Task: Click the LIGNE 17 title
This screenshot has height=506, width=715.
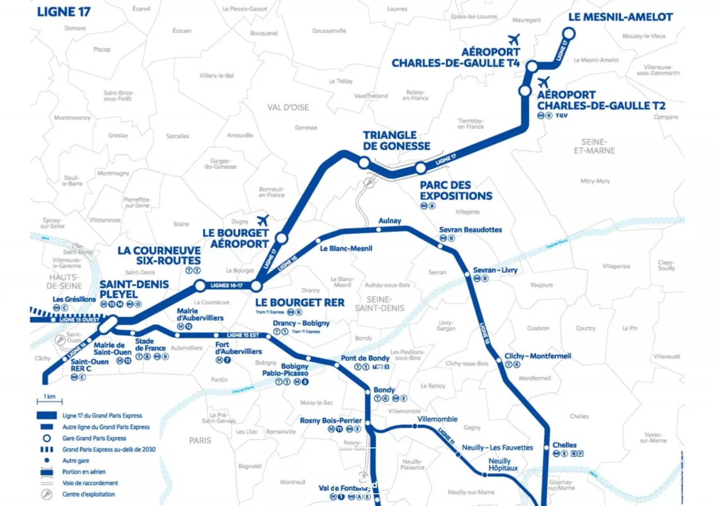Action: click(64, 12)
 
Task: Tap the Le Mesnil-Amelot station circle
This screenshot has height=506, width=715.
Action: click(569, 34)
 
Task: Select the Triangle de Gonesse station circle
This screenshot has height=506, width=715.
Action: click(364, 163)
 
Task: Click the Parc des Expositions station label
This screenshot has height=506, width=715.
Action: click(456, 191)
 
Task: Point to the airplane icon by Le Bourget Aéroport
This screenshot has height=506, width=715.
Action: click(263, 220)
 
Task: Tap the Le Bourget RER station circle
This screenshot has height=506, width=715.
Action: click(256, 285)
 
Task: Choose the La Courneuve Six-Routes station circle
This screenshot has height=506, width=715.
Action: click(200, 285)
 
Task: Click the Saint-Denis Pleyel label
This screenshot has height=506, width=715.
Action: click(134, 289)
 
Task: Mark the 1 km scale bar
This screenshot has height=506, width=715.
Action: click(50, 401)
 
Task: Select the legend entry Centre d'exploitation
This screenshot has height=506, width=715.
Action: click(88, 494)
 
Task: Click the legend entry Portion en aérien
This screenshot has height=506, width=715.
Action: click(84, 472)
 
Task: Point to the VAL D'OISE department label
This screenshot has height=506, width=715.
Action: click(288, 107)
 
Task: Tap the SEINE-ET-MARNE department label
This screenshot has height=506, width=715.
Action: click(594, 146)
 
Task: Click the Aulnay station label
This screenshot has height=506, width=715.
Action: click(390, 221)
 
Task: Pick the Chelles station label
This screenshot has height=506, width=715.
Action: click(564, 445)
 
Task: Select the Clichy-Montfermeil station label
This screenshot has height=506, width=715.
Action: click(538, 356)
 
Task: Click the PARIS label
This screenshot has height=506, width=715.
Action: click(200, 440)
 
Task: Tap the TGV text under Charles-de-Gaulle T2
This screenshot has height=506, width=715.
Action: click(562, 115)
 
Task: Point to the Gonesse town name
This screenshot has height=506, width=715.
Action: click(306, 127)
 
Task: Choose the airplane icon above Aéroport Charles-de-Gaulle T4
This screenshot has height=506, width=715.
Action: click(514, 39)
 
